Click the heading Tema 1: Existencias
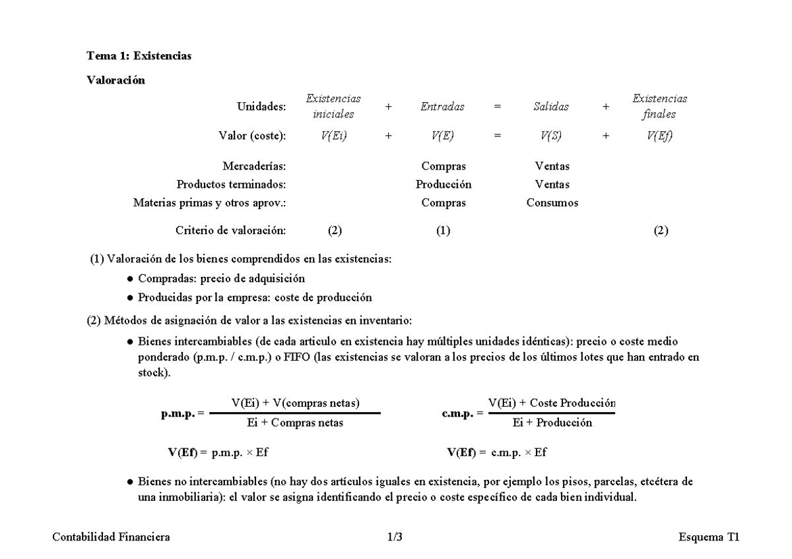click(139, 56)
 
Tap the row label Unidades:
click(261, 106)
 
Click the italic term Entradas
click(442, 106)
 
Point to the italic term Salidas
click(550, 106)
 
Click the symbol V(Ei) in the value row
click(334, 136)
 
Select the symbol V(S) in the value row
click(551, 136)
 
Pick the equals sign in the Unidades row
click(496, 106)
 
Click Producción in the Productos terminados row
click(444, 185)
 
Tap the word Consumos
click(552, 203)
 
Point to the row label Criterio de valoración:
click(230, 230)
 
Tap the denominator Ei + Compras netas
click(290, 423)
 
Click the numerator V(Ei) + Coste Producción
click(552, 403)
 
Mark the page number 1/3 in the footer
click(395, 537)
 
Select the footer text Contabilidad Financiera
click(111, 537)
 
